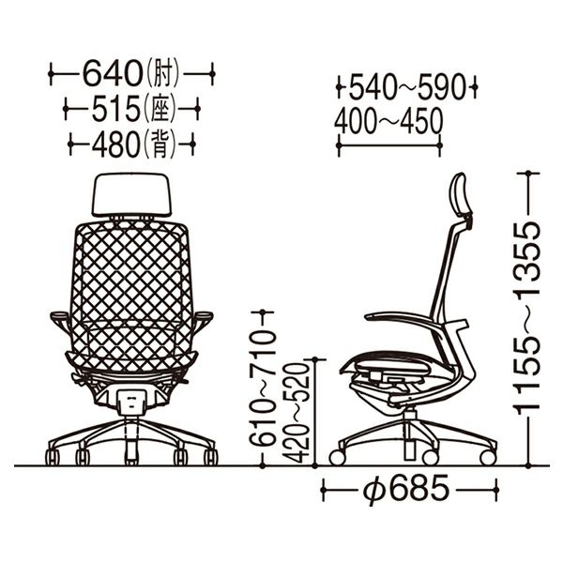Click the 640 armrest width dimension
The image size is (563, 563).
[113, 73]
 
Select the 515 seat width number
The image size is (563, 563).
[115, 108]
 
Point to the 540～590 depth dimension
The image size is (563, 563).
[407, 87]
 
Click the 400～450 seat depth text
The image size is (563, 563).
[388, 120]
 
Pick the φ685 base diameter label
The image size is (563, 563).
[406, 489]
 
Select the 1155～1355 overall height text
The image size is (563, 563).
[528, 318]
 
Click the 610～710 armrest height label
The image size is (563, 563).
[263, 388]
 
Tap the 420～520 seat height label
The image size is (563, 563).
[296, 413]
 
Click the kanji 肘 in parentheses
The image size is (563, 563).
[163, 74]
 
